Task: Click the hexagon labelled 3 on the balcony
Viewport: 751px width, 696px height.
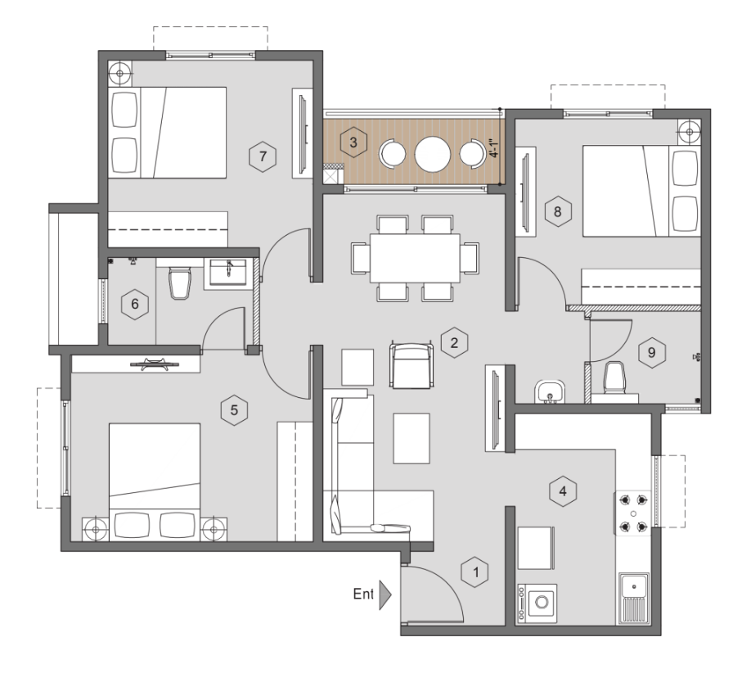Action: [353, 142]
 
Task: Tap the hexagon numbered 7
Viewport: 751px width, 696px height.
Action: [263, 156]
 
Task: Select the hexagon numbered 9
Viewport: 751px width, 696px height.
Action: [651, 353]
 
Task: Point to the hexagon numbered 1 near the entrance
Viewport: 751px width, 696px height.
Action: [475, 572]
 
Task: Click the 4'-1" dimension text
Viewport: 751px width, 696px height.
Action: [494, 148]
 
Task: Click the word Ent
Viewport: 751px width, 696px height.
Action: [363, 594]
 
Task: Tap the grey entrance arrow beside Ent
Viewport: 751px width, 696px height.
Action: [385, 594]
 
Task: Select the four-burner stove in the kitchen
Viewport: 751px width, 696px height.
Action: [633, 513]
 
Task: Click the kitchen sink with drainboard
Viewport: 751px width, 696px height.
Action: [634, 599]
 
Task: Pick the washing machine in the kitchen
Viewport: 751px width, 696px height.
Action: [537, 603]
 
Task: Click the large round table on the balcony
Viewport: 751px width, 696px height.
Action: [433, 154]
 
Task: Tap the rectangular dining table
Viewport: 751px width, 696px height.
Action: [415, 259]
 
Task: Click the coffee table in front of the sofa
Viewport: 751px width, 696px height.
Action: [411, 439]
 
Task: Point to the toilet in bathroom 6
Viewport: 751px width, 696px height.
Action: [180, 282]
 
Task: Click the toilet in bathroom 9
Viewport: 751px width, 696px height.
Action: [614, 378]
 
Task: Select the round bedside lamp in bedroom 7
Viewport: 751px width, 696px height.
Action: [119, 74]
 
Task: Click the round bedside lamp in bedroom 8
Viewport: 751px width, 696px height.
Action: [689, 132]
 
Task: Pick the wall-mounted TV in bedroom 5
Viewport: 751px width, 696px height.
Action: [149, 364]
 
